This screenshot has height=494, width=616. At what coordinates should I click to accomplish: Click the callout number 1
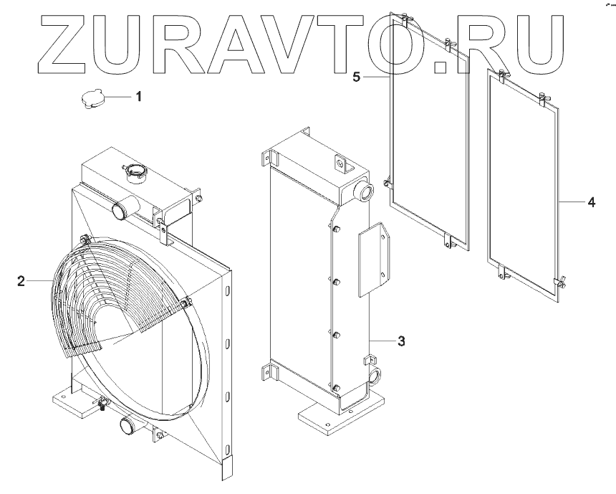click(139, 95)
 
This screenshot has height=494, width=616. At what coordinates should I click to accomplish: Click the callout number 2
click(21, 280)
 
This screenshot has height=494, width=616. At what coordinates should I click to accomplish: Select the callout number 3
click(401, 341)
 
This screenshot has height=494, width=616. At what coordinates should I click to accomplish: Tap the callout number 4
click(590, 203)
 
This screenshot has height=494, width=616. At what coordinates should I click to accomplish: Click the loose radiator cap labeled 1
click(93, 100)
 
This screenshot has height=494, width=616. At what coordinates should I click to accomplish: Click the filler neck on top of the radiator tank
click(136, 172)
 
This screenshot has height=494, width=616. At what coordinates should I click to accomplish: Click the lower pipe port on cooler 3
click(374, 376)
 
